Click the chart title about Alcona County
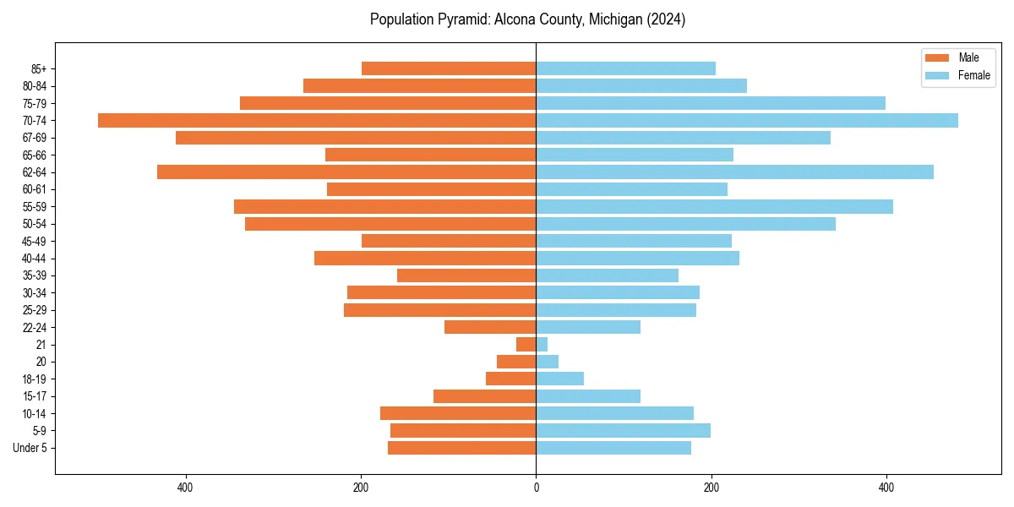527,19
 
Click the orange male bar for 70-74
317,120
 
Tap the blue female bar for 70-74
747,120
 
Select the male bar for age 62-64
346,172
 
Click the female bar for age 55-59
714,206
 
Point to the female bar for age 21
542,344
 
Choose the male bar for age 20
516,362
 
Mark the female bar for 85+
625,68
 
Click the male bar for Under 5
461,448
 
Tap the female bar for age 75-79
711,103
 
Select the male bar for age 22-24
490,327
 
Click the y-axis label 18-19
35,379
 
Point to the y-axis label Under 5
30,448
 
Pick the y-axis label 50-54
35,224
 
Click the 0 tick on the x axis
536,488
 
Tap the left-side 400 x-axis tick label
185,488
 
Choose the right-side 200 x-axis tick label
711,488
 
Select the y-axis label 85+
38,68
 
